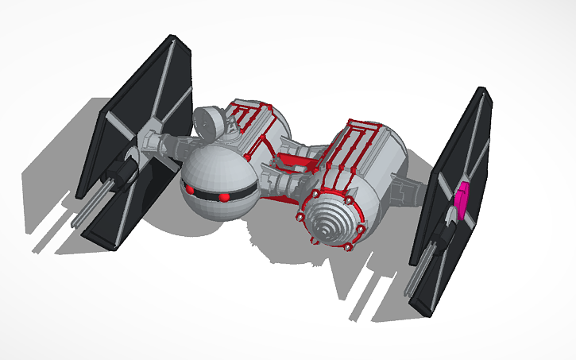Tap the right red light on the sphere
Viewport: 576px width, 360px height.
[224, 196]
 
